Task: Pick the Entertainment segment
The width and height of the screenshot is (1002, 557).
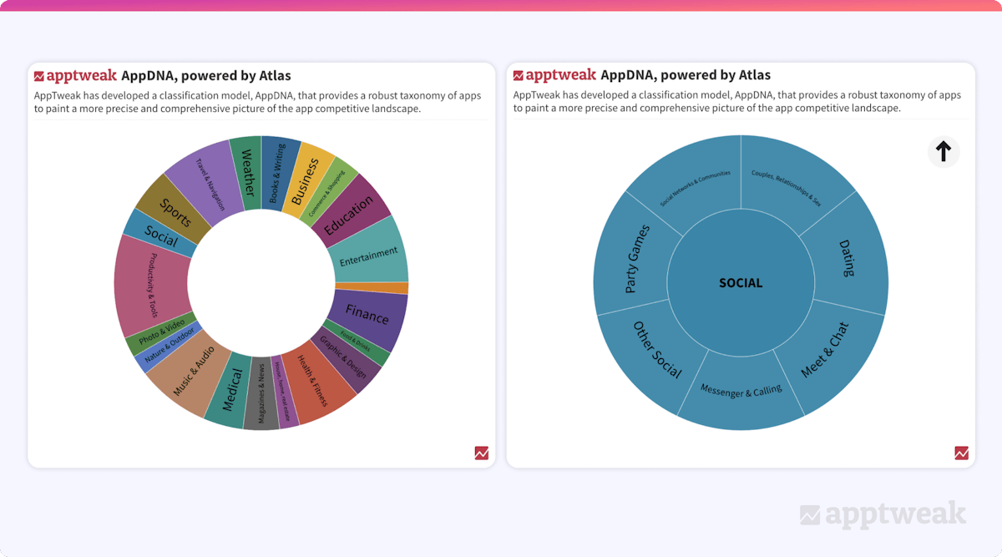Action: click(369, 253)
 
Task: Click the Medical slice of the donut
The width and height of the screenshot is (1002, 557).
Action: click(231, 389)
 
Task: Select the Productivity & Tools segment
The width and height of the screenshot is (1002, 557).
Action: click(153, 284)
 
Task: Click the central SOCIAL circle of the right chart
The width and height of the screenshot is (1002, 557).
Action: click(741, 283)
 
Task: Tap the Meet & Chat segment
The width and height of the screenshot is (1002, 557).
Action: click(825, 351)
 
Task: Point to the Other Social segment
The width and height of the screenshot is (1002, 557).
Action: click(656, 351)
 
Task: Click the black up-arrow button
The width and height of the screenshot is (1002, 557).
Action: click(944, 151)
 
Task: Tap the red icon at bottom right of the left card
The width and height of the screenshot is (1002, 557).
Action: click(482, 453)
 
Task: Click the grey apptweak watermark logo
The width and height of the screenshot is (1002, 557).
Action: click(883, 514)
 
